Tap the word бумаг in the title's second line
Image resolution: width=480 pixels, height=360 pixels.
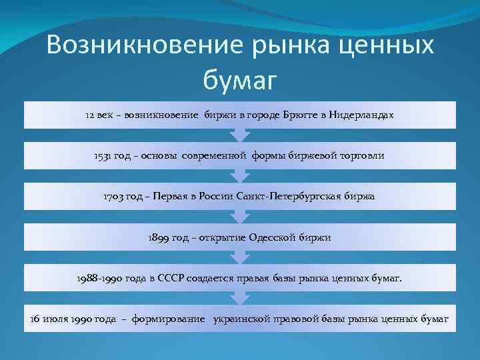pyautogui.click(x=240, y=80)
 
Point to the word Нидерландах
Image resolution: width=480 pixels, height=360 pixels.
pyautogui.click(x=359, y=115)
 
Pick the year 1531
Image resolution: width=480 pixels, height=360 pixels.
pyautogui.click(x=107, y=156)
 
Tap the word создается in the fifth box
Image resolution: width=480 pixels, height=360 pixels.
pyautogui.click(x=213, y=278)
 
